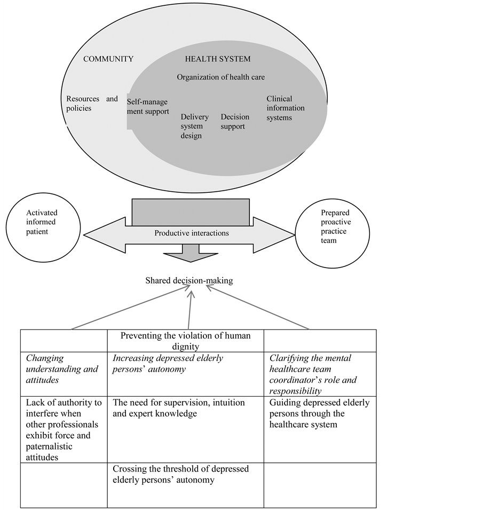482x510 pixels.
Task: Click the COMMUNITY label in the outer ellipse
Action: point(108,59)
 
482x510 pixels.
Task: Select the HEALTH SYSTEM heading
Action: point(217,59)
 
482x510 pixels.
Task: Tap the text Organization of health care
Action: point(220,77)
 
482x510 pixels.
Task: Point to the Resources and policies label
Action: point(91,104)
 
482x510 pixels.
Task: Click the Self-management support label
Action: point(147,106)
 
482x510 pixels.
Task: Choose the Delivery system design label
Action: point(194,127)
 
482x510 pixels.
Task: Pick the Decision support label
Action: point(235,122)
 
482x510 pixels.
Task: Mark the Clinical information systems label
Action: point(286,108)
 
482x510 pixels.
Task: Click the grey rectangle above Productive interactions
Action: point(191,212)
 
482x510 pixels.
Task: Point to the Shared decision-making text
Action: point(189,280)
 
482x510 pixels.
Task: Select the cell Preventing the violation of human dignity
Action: point(185,341)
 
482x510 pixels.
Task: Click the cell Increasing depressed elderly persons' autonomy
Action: point(185,363)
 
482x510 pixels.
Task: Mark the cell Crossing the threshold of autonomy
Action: point(185,474)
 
